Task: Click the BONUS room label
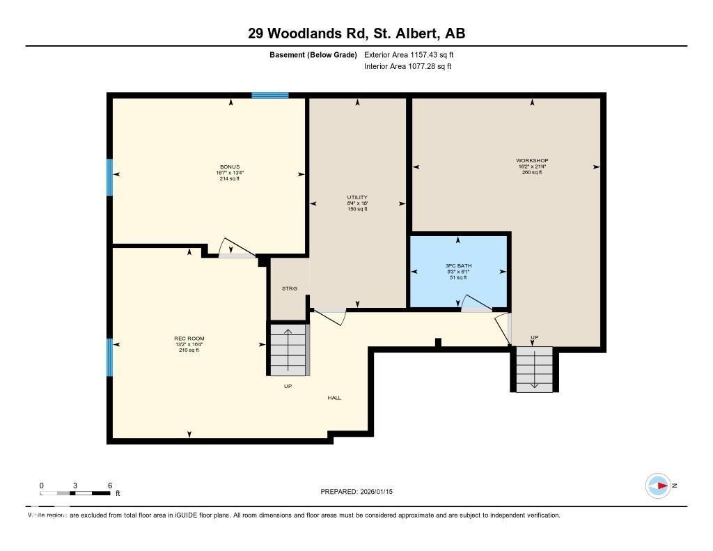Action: [230, 167]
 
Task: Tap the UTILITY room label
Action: [357, 197]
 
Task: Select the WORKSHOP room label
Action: [533, 161]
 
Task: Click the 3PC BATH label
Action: [458, 266]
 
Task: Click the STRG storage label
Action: [289, 288]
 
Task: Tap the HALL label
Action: [335, 398]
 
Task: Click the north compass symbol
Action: [658, 486]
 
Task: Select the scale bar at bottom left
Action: [75, 493]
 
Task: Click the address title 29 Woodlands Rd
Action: [356, 33]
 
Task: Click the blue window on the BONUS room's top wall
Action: [270, 95]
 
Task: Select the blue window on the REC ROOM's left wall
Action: [109, 357]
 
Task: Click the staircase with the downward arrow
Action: [534, 368]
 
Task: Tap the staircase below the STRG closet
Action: [288, 348]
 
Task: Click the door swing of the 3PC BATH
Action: [477, 303]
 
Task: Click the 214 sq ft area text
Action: [230, 179]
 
